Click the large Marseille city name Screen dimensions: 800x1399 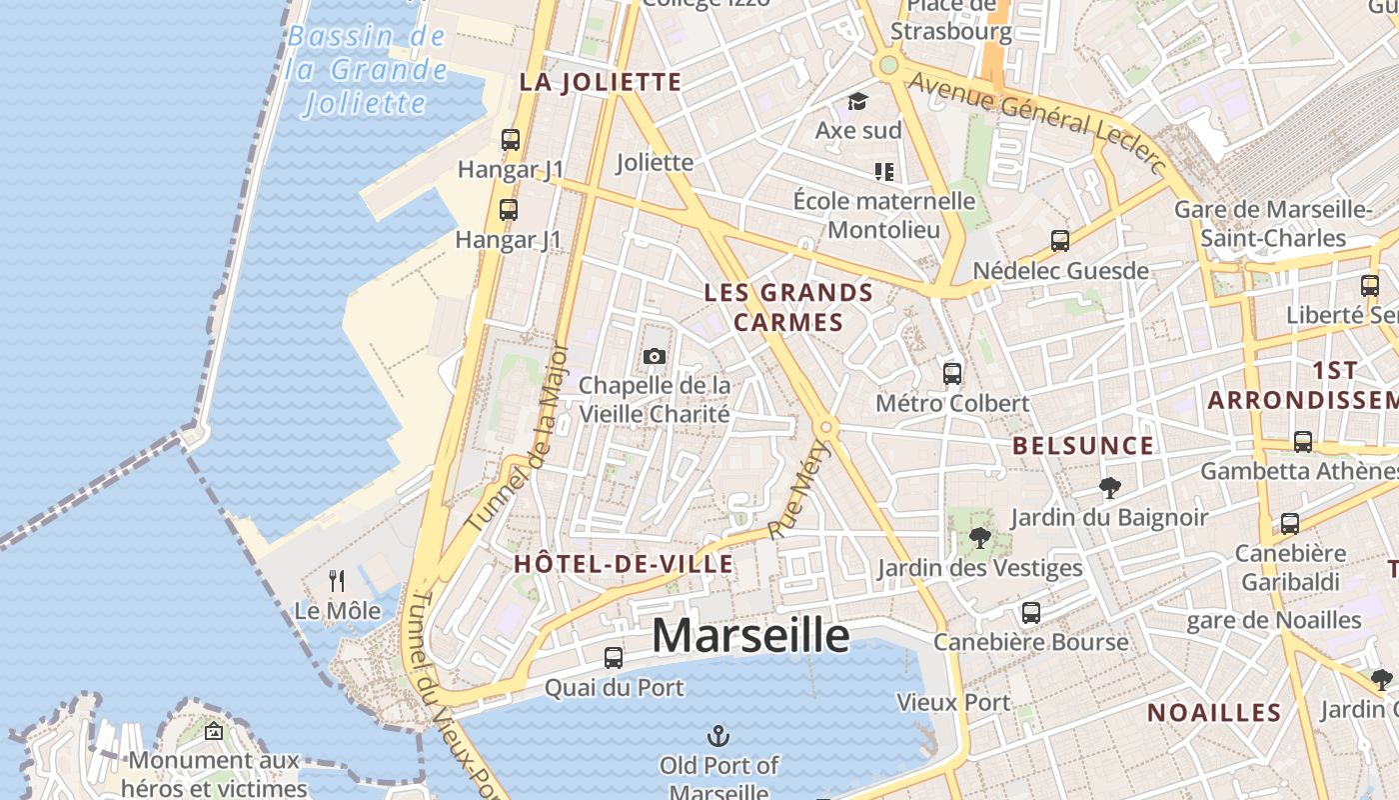tap(750, 636)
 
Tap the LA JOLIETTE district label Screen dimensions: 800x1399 tap(600, 82)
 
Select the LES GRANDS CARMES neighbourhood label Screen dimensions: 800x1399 tap(788, 307)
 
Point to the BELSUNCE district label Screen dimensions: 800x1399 tap(1083, 446)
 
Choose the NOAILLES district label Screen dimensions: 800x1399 tap(1214, 713)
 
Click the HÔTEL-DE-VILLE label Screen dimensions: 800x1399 tap(624, 564)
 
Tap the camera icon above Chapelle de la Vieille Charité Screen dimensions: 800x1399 tap(655, 357)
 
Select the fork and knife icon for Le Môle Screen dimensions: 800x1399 tap(338, 581)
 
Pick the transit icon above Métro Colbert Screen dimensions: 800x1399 tap(952, 374)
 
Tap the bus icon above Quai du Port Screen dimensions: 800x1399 tap(614, 658)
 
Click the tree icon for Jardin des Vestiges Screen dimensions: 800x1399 tap(980, 538)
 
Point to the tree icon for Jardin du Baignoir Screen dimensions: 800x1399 tap(1109, 488)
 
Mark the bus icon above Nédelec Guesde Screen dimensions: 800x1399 tap(1060, 241)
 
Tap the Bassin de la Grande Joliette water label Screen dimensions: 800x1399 tap(366, 70)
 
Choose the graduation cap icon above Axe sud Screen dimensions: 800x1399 tap(857, 101)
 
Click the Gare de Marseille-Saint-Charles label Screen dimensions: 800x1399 tap(1273, 224)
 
